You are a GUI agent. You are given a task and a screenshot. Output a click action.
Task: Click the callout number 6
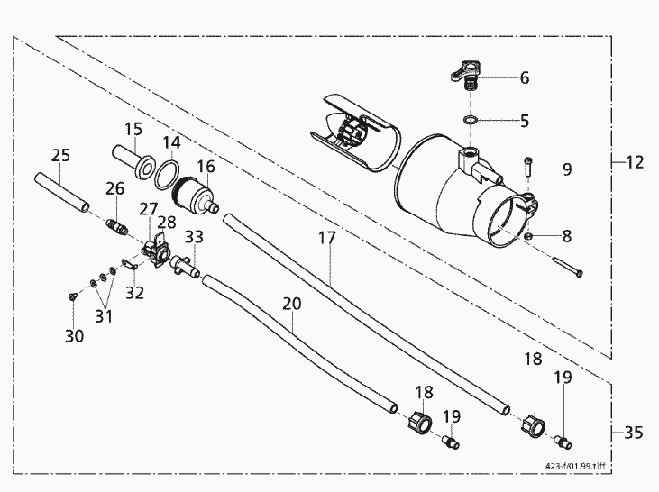click(525, 77)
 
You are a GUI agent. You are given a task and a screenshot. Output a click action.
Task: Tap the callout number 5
click(525, 120)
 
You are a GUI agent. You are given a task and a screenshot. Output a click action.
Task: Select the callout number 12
click(635, 162)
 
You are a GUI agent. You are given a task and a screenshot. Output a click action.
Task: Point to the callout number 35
click(635, 433)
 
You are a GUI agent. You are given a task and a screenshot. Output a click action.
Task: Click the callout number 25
click(60, 156)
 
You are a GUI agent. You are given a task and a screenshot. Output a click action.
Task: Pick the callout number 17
click(327, 239)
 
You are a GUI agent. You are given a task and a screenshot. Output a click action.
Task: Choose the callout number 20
click(291, 305)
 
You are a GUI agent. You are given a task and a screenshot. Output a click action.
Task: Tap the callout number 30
click(74, 335)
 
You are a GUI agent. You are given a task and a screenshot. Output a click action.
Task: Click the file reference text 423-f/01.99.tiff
click(576, 467)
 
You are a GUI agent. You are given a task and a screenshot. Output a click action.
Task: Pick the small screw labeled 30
click(70, 295)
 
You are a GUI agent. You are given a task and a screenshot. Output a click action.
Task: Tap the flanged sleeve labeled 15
click(132, 159)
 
